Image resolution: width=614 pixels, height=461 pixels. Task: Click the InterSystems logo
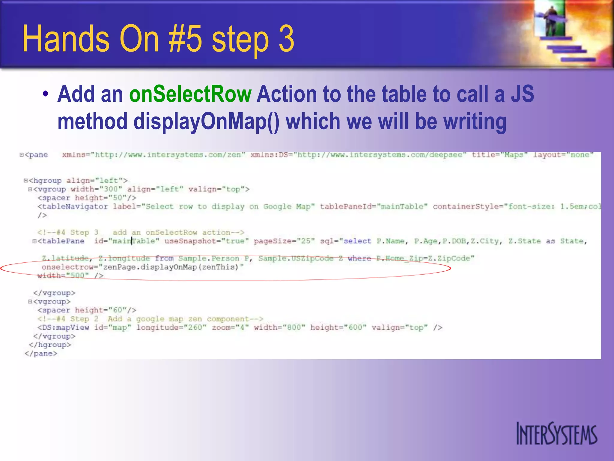point(556,434)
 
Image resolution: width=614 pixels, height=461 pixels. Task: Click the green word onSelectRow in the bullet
point(190,94)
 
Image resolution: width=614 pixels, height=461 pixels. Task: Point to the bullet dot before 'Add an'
point(45,94)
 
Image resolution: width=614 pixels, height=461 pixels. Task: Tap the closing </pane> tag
point(41,354)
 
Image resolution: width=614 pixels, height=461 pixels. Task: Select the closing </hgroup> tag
point(50,345)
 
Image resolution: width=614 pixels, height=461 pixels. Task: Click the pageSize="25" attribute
point(284,241)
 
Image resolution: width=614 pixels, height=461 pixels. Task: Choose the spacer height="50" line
point(87,198)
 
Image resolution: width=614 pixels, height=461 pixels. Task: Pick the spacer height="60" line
point(87,310)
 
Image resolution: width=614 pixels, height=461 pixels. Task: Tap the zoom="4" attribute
point(230,327)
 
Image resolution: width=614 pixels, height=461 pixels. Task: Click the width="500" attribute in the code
point(64,276)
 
